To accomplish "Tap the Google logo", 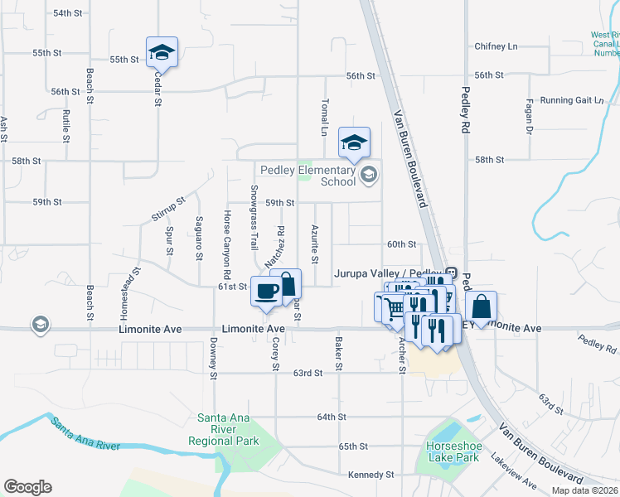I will pyautogui.click(x=27, y=487).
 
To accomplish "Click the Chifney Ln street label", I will pyautogui.click(x=496, y=47).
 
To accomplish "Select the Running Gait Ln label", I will pyautogui.click(x=572, y=100).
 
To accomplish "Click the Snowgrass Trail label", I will pyautogui.click(x=254, y=217).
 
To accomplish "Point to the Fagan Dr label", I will pyautogui.click(x=529, y=118).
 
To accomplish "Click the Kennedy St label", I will pyautogui.click(x=371, y=475).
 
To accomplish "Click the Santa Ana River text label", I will pyautogui.click(x=85, y=436).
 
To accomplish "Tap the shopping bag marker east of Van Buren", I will pyautogui.click(x=481, y=306).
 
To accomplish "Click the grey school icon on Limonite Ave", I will pyautogui.click(x=39, y=325).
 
